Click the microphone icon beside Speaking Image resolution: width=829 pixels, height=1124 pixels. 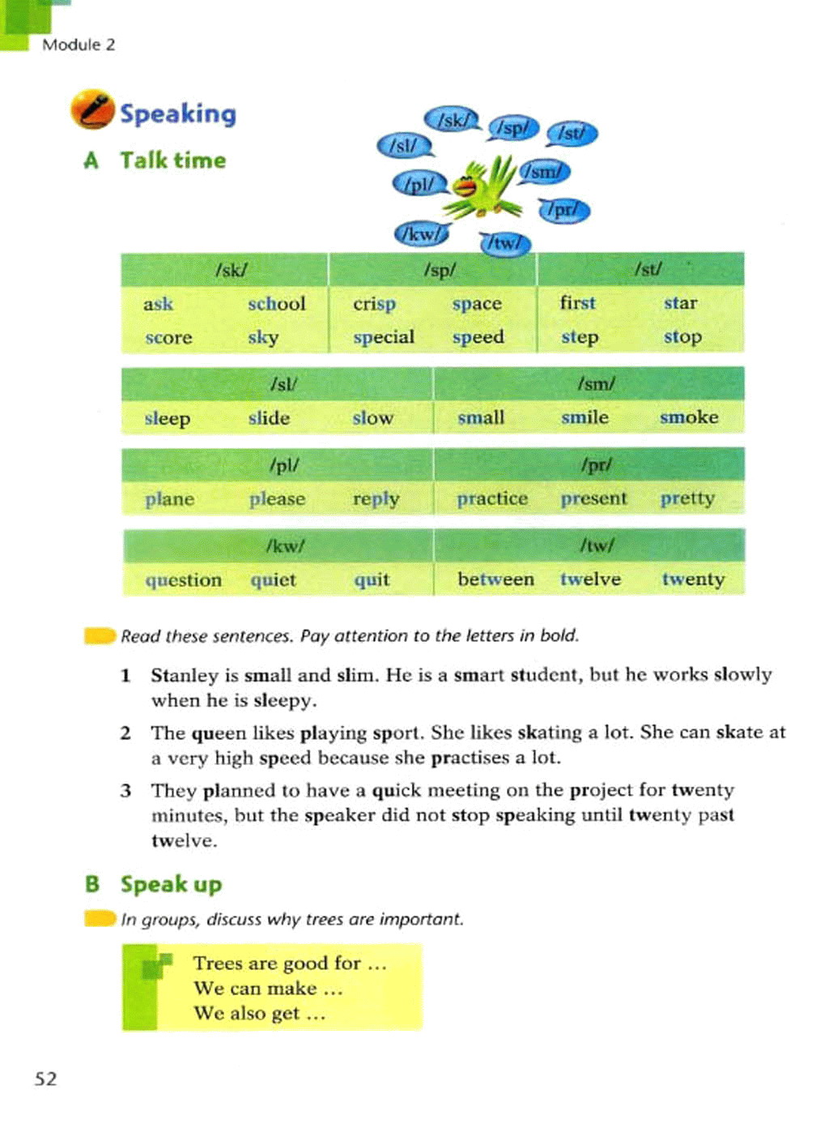(x=91, y=109)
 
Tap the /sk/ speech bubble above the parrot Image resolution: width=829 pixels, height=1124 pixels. (x=453, y=121)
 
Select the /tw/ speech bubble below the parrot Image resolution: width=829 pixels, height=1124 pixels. (x=505, y=242)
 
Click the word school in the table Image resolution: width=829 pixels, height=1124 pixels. (x=276, y=304)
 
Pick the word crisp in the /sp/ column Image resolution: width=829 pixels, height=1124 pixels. (x=374, y=304)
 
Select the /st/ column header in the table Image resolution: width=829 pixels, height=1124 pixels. (x=648, y=269)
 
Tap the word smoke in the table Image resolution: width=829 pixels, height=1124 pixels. (x=689, y=417)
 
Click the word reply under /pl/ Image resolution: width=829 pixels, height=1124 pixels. (x=376, y=498)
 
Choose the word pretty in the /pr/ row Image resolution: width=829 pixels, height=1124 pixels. (x=687, y=498)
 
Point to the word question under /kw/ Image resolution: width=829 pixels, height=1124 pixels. (x=183, y=580)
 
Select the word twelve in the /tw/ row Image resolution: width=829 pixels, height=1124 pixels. (x=590, y=579)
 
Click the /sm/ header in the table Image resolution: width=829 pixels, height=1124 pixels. (x=596, y=383)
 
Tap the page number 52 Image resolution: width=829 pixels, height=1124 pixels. (x=46, y=1079)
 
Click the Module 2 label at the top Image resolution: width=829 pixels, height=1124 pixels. (x=79, y=45)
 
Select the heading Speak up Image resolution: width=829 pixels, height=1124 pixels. (x=171, y=884)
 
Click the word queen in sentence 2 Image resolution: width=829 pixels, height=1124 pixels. (x=219, y=733)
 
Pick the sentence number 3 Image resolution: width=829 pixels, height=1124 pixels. (x=125, y=790)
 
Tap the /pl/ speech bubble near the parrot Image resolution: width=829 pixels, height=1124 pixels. (x=419, y=185)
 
